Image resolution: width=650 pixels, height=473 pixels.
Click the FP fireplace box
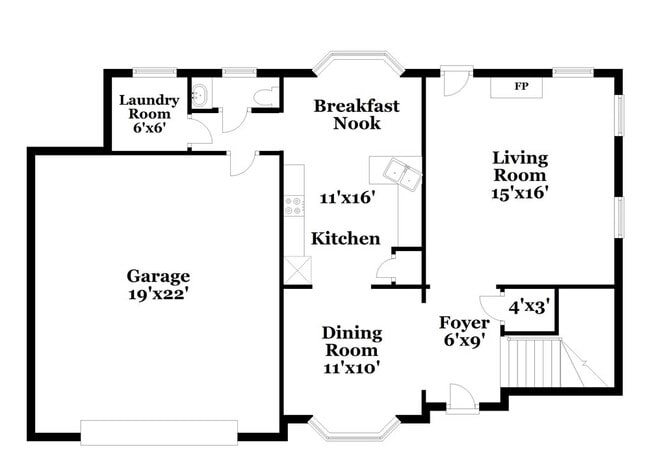pyautogui.click(x=520, y=87)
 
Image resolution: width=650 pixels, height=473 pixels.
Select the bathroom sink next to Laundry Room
pyautogui.click(x=200, y=96)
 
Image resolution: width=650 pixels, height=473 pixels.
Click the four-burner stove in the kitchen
pyautogui.click(x=294, y=207)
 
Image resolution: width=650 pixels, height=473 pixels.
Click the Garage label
pyautogui.click(x=158, y=276)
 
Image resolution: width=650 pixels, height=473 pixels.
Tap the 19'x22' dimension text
pyautogui.click(x=158, y=295)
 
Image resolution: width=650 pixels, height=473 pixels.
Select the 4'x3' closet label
pyautogui.click(x=529, y=306)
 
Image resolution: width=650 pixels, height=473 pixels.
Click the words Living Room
pyautogui.click(x=520, y=166)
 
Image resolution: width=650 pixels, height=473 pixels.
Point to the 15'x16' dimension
pyautogui.click(x=520, y=193)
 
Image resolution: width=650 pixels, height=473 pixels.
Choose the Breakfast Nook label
pyautogui.click(x=356, y=113)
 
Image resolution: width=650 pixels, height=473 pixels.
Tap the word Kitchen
pyautogui.click(x=346, y=239)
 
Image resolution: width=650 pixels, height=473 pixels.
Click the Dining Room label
pyautogui.click(x=350, y=340)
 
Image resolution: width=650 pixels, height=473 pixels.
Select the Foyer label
pyautogui.click(x=465, y=323)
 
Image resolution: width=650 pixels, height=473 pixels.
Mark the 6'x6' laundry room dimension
pyautogui.click(x=150, y=129)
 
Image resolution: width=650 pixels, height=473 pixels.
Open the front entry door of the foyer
pyautogui.click(x=462, y=399)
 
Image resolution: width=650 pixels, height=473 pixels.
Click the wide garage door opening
pyautogui.click(x=159, y=431)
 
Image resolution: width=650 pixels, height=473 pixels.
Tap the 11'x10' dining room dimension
pyautogui.click(x=350, y=367)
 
